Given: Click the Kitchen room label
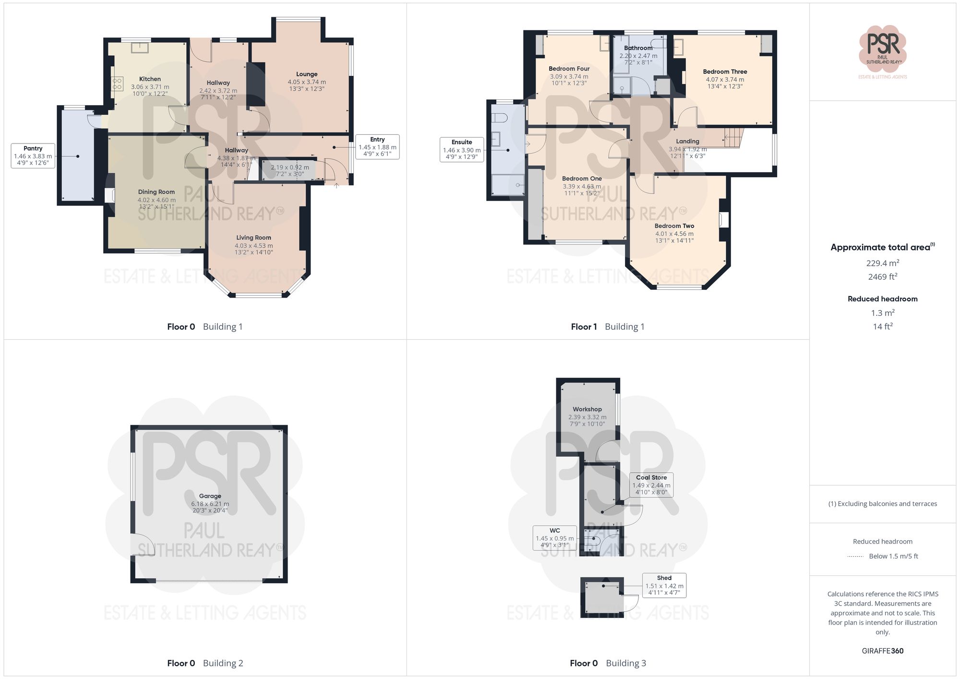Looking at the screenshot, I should pyautogui.click(x=150, y=79).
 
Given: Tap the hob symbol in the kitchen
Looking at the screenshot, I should pyautogui.click(x=117, y=84).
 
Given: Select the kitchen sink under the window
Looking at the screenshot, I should pyautogui.click(x=140, y=47).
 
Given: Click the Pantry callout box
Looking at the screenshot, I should pyautogui.click(x=33, y=155).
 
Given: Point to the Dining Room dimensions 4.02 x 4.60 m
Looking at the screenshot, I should pyautogui.click(x=156, y=200).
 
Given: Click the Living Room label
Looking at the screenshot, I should pyautogui.click(x=253, y=238).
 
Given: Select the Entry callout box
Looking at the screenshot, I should pyautogui.click(x=377, y=147).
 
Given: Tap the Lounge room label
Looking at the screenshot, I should pyautogui.click(x=307, y=74).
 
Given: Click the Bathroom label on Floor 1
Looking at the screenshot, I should pyautogui.click(x=638, y=48).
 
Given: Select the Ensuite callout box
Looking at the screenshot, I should pyautogui.click(x=461, y=149).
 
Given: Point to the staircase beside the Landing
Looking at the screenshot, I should pyautogui.click(x=733, y=138).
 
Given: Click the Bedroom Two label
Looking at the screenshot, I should pyautogui.click(x=674, y=226).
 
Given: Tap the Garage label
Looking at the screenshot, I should pyautogui.click(x=210, y=496).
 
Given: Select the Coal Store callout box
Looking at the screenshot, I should pyautogui.click(x=651, y=485).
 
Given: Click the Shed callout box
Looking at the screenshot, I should pyautogui.click(x=664, y=585).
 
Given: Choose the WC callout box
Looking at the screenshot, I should pyautogui.click(x=554, y=538).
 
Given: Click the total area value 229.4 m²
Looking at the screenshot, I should pyautogui.click(x=882, y=263).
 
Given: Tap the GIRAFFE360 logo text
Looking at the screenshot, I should pyautogui.click(x=882, y=651).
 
